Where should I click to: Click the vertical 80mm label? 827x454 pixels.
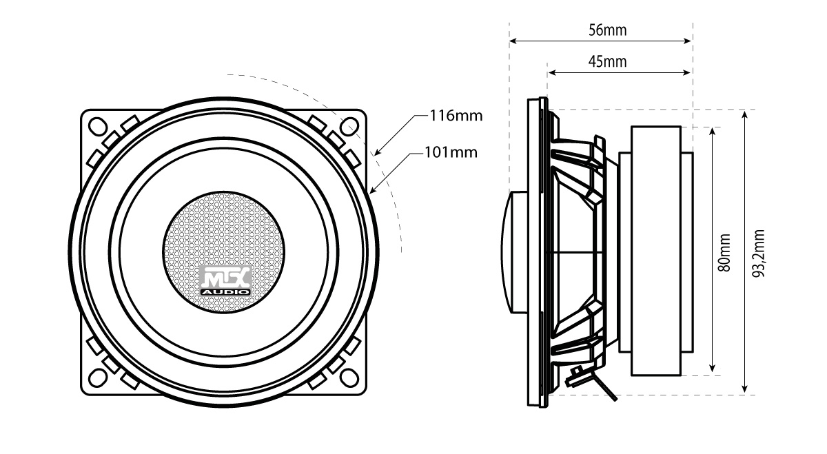[724, 252]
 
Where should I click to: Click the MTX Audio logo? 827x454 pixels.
[225, 282]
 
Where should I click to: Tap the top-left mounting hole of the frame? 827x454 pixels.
[96, 126]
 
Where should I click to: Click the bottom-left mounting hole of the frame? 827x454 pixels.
[96, 375]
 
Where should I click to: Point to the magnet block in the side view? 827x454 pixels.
[654, 252]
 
